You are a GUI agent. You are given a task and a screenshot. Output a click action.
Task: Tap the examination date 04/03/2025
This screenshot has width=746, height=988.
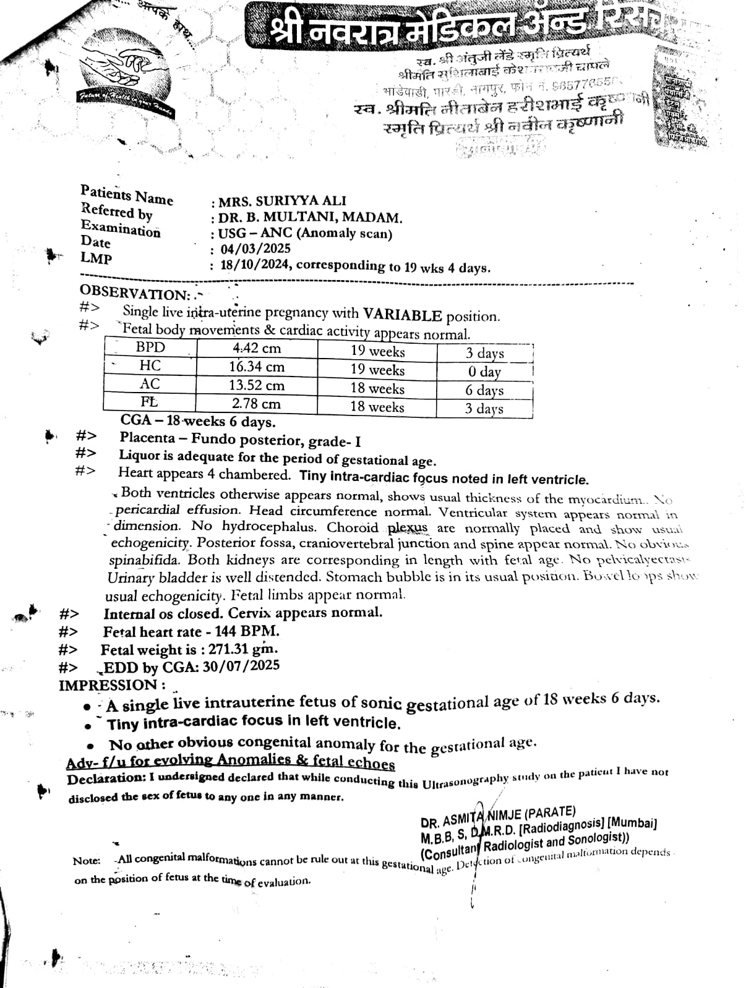pyautogui.click(x=255, y=249)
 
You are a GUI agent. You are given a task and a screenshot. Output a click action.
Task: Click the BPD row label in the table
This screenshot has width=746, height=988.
pyautogui.click(x=150, y=347)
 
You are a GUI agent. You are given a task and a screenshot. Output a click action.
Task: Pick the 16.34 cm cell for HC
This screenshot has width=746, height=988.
pyautogui.click(x=257, y=367)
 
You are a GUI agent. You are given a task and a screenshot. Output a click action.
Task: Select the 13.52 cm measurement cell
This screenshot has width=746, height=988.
pyautogui.click(x=257, y=385)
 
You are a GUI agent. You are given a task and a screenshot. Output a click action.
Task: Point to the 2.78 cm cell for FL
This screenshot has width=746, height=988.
pyautogui.click(x=256, y=404)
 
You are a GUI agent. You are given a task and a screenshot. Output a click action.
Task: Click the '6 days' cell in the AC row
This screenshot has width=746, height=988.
pyautogui.click(x=484, y=390)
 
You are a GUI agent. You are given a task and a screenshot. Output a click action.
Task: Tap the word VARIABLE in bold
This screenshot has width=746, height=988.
pyautogui.click(x=402, y=315)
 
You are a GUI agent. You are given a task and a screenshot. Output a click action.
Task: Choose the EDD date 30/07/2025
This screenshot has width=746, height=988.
pyautogui.click(x=241, y=666)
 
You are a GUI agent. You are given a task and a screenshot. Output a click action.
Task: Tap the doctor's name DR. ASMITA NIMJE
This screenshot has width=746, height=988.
pyautogui.click(x=498, y=816)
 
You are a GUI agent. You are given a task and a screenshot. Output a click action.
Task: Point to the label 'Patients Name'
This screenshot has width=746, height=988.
pyautogui.click(x=127, y=195)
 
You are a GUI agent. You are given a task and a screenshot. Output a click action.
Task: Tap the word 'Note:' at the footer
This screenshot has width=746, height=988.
pyautogui.click(x=86, y=861)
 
